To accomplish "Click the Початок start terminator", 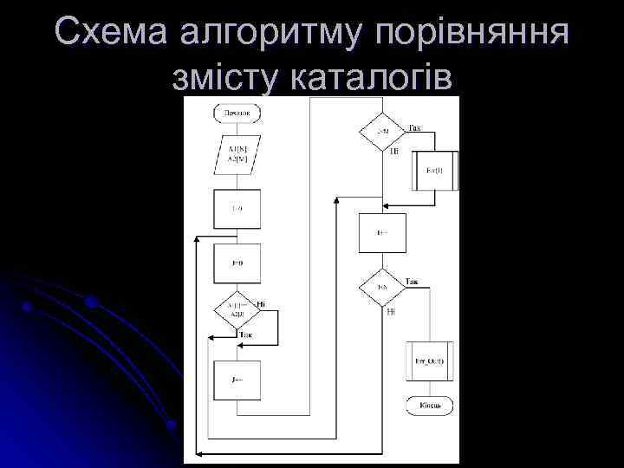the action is (237, 113).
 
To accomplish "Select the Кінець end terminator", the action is (425, 406).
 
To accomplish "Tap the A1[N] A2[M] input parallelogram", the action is (237, 155).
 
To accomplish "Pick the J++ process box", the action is (237, 380).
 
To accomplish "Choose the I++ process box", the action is (382, 233).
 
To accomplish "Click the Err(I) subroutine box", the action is (434, 171).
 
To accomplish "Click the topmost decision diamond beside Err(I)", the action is (383, 131).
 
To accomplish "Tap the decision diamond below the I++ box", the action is (383, 286).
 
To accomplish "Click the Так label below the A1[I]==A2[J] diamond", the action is (247, 335).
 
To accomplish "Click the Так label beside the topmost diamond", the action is (414, 128).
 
